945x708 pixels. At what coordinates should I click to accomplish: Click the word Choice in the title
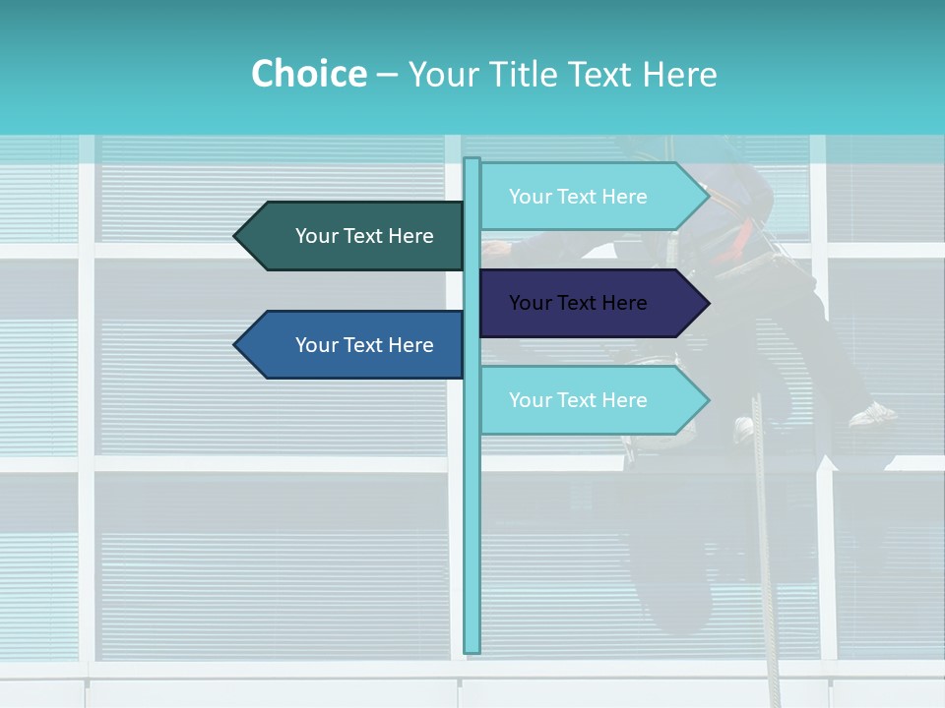308,74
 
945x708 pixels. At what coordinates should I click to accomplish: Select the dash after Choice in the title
387,76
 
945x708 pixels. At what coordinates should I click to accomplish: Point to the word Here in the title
679,74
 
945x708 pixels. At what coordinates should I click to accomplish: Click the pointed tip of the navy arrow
707,303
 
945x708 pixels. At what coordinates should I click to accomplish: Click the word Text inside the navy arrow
578,303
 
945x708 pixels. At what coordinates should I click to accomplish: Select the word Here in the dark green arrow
410,236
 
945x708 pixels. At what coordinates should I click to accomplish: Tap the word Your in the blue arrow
316,345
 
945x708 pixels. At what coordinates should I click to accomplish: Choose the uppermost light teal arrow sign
591,197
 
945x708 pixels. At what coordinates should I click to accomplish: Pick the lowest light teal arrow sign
591,400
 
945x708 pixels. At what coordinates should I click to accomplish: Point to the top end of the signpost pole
472,160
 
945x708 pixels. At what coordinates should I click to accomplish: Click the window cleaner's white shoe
872,415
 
